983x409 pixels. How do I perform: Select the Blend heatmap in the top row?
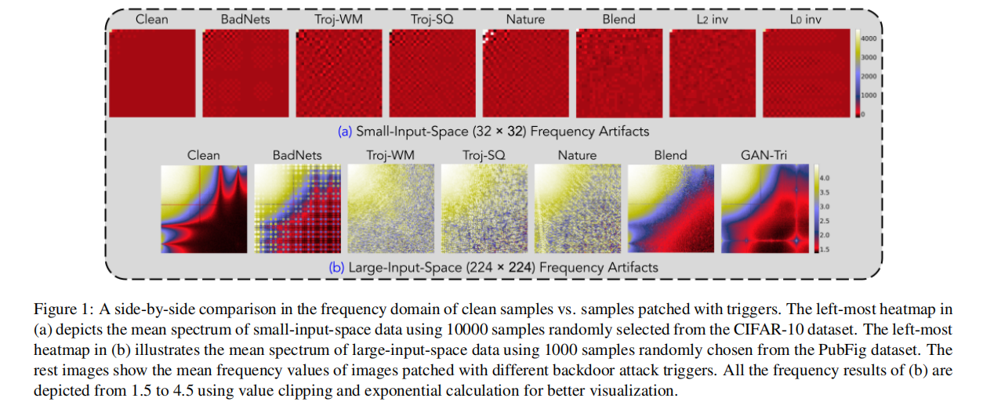(x=619, y=73)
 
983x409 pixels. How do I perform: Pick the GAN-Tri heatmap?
(x=763, y=208)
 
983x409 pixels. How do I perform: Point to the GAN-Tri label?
(x=763, y=155)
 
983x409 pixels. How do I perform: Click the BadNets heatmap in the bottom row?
(x=296, y=208)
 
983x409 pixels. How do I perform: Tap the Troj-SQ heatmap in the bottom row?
(x=483, y=208)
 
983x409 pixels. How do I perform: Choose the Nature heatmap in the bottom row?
(x=576, y=208)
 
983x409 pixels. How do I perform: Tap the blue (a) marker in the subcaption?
(x=345, y=132)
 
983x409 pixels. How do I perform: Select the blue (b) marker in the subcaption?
(x=336, y=267)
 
